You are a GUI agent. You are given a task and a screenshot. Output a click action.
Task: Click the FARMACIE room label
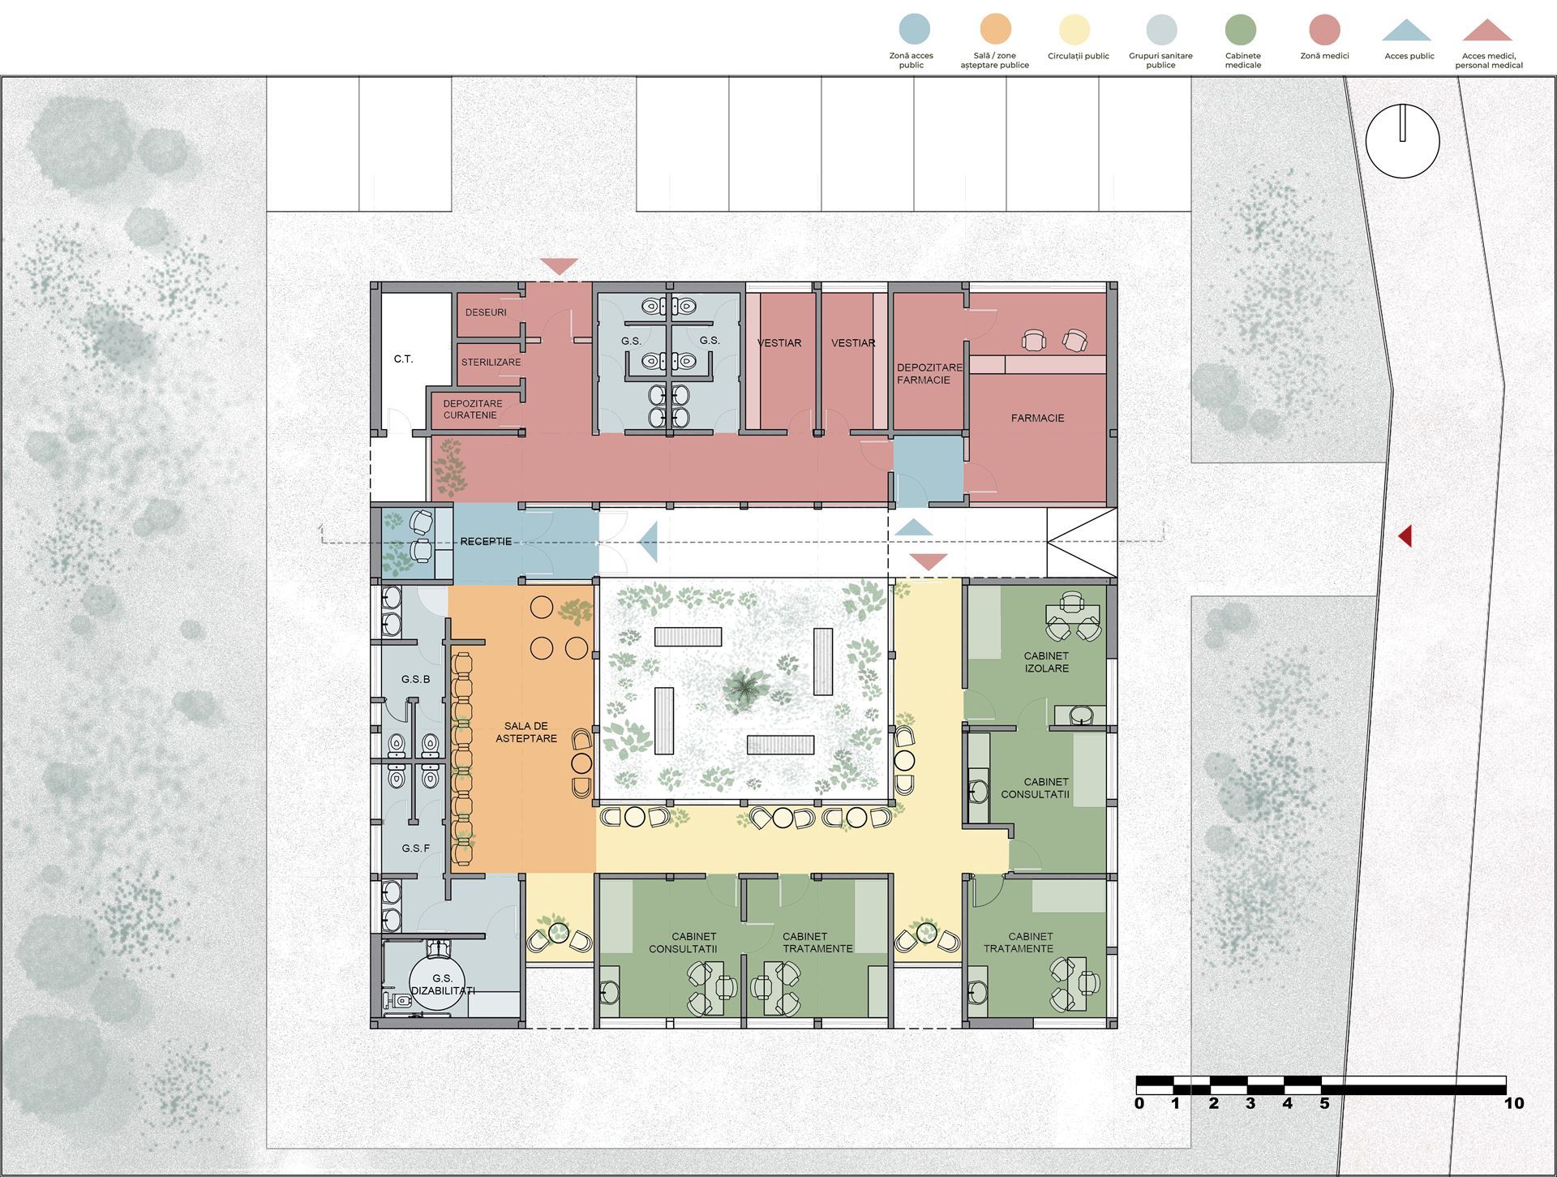point(1037,418)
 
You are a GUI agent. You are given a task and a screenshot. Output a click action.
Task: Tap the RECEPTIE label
point(486,541)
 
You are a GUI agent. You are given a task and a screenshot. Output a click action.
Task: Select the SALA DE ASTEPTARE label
point(526,732)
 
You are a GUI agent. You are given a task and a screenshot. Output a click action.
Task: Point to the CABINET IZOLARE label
point(1046,662)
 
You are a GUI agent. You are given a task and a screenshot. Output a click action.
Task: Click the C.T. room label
point(403,359)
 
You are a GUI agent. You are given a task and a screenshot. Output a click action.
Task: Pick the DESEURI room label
point(486,312)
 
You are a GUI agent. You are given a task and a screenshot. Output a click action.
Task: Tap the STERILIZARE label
point(491,362)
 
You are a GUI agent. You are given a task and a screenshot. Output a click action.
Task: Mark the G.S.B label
point(415,679)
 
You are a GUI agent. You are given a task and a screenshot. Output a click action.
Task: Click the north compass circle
point(1402,141)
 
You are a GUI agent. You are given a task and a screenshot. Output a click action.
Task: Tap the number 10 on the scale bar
point(1513,1103)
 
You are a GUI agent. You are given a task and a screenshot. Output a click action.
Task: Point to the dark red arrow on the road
point(1405,535)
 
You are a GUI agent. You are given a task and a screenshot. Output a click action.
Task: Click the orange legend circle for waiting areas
point(995,29)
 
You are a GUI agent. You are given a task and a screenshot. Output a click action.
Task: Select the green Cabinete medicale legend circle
point(1241,29)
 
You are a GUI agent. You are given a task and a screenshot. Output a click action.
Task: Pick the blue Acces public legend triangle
point(1406,31)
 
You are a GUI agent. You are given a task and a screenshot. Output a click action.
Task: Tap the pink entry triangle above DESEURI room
point(560,266)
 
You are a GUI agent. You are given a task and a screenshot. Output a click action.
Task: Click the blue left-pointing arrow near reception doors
point(648,541)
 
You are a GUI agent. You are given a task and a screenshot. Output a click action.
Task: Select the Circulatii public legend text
point(1078,56)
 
